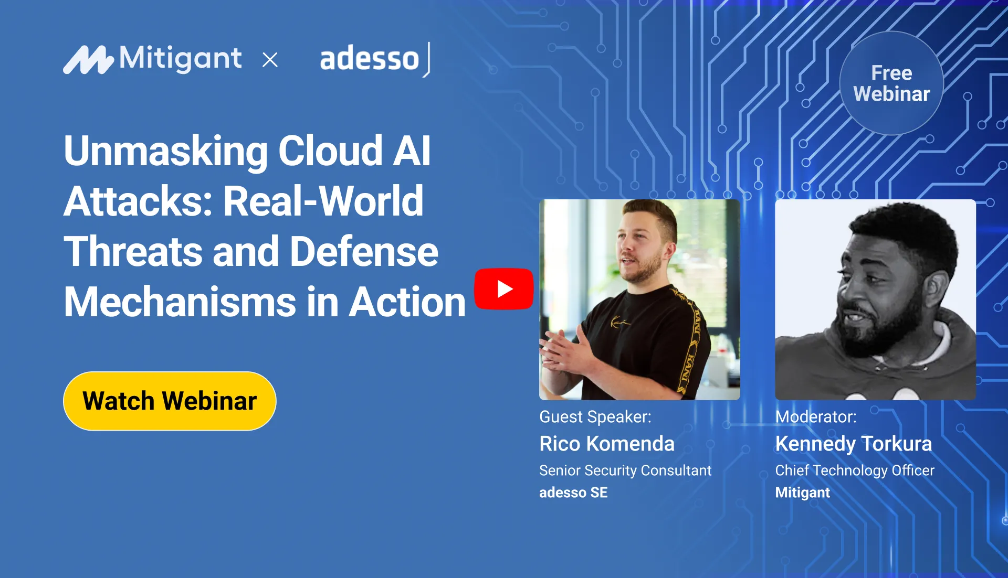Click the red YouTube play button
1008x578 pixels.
(503, 288)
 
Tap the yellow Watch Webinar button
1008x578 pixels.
(170, 401)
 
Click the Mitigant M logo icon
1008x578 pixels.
(88, 60)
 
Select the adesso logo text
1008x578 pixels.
(370, 59)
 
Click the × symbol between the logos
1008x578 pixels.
(270, 60)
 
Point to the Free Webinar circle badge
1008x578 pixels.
(891, 83)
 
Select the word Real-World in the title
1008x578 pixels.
(323, 201)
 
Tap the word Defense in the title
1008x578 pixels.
(364, 252)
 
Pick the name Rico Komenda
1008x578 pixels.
(607, 444)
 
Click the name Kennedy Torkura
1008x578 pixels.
(854, 444)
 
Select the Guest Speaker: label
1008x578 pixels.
(595, 417)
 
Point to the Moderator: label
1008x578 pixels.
(816, 417)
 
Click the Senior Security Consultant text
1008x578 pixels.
(625, 470)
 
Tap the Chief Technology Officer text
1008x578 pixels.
(855, 470)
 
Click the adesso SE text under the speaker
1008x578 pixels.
(573, 493)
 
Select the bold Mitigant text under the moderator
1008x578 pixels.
(803, 493)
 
